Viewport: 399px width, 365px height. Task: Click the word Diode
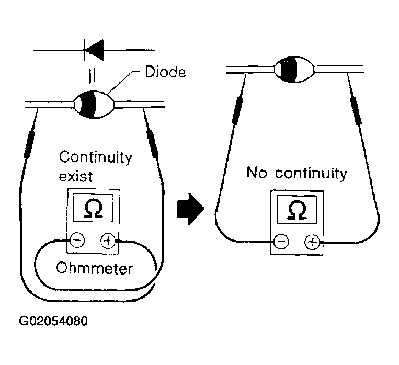click(165, 72)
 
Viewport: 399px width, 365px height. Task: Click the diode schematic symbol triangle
click(94, 50)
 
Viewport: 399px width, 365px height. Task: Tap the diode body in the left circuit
click(94, 105)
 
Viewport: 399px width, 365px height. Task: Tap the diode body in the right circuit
click(294, 69)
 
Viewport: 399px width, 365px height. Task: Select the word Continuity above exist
click(96, 157)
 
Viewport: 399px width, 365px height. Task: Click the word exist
click(76, 176)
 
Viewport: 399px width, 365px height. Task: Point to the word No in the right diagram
click(257, 173)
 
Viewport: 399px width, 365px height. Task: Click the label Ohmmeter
click(95, 268)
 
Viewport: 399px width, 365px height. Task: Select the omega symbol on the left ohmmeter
click(93, 209)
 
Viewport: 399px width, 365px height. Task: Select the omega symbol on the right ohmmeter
click(297, 210)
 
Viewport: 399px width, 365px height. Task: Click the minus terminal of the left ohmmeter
click(77, 240)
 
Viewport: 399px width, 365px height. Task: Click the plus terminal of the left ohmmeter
click(108, 241)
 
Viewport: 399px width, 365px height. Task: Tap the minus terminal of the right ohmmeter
click(281, 241)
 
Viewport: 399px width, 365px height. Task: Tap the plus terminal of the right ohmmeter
click(312, 241)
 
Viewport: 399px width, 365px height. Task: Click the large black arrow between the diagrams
click(190, 209)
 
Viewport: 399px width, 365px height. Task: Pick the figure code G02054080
click(53, 321)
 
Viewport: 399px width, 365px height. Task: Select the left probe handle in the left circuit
click(29, 144)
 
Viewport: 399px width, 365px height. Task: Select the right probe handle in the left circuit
click(153, 144)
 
